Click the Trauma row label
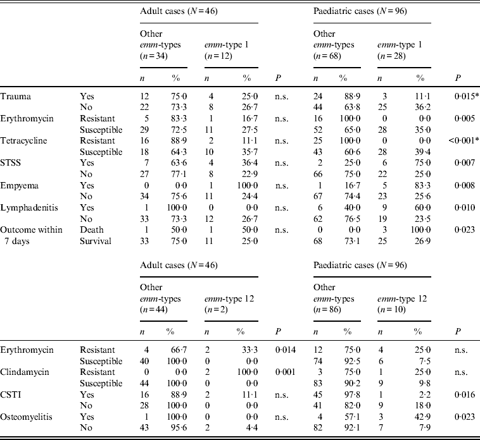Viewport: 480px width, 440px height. pyautogui.click(x=15, y=95)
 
